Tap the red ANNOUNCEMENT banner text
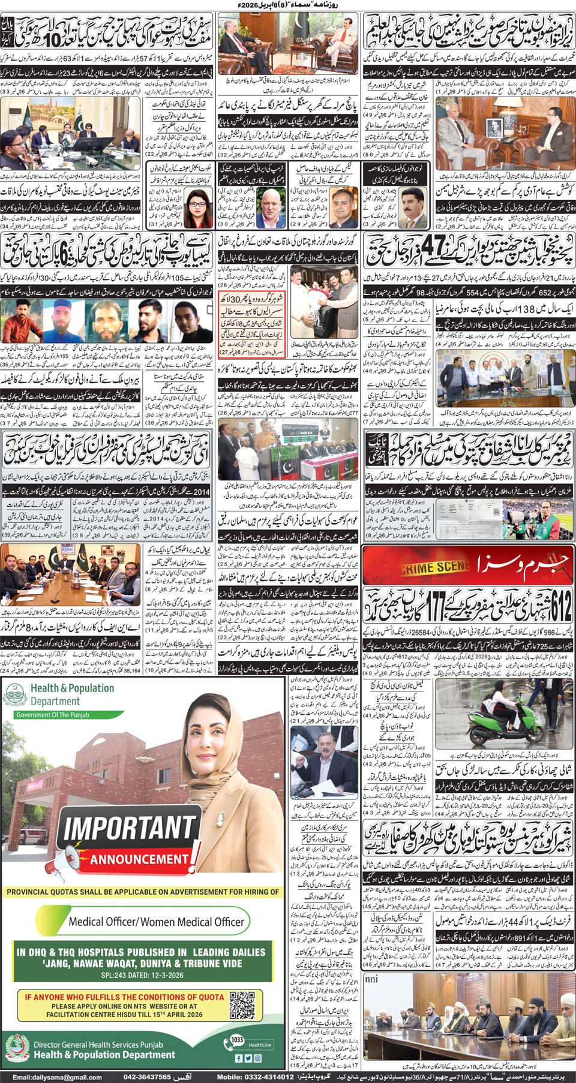click(x=139, y=859)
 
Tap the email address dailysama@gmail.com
click(x=57, y=1077)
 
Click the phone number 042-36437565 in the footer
click(x=147, y=1077)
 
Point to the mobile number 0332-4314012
click(x=264, y=1077)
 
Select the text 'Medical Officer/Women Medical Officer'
click(x=156, y=922)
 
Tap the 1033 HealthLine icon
click(x=238, y=1040)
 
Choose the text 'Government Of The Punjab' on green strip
click(x=53, y=715)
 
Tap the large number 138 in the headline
click(x=509, y=309)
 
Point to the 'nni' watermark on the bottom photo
click(x=372, y=979)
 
